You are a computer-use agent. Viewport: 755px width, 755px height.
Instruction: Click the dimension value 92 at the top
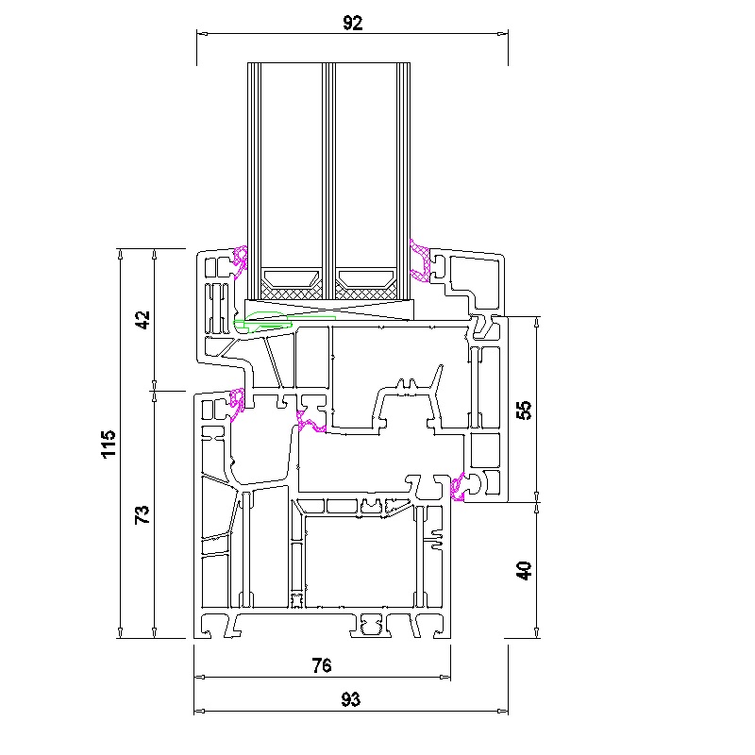tap(352, 23)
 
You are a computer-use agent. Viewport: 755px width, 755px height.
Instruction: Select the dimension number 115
tap(109, 444)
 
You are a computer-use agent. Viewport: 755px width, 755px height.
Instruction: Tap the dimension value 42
tap(143, 320)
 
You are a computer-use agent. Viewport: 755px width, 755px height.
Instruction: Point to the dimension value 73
tap(143, 514)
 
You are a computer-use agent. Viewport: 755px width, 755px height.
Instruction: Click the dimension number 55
tap(524, 411)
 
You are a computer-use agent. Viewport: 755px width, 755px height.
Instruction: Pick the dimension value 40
tap(524, 571)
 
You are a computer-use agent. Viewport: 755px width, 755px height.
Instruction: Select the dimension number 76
tap(322, 665)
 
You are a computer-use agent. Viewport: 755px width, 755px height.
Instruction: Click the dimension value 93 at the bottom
tap(350, 699)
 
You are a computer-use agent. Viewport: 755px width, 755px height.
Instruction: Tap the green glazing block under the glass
tap(270, 322)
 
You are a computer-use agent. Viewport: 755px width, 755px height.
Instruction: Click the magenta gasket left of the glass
tap(240, 261)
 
